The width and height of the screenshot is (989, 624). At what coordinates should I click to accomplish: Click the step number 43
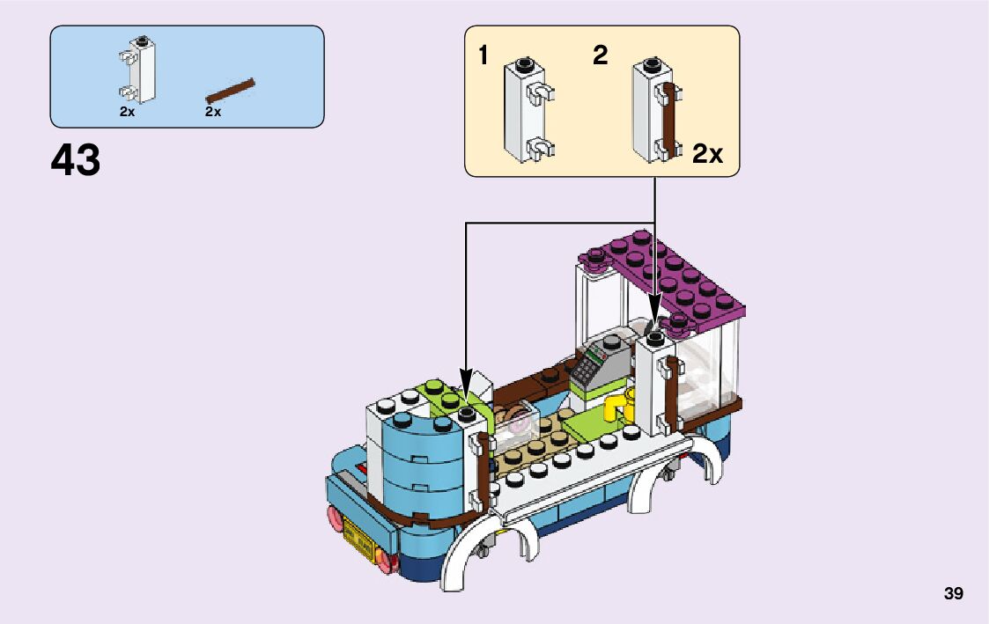[76, 161]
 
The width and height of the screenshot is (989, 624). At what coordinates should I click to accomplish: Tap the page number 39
[953, 594]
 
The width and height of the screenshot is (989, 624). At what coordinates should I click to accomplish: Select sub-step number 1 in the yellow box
[483, 56]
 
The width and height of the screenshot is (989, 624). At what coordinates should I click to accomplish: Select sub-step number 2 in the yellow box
[601, 56]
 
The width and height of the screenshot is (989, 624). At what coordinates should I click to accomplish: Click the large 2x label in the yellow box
[707, 155]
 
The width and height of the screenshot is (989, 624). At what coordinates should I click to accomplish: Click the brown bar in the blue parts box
[230, 89]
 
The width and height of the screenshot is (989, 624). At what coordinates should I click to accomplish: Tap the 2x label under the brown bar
[213, 113]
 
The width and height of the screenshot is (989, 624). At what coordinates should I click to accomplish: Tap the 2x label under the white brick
[128, 113]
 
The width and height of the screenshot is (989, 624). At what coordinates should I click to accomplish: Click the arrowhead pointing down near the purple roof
[655, 305]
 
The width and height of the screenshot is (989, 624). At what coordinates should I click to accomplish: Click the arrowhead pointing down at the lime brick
[465, 377]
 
